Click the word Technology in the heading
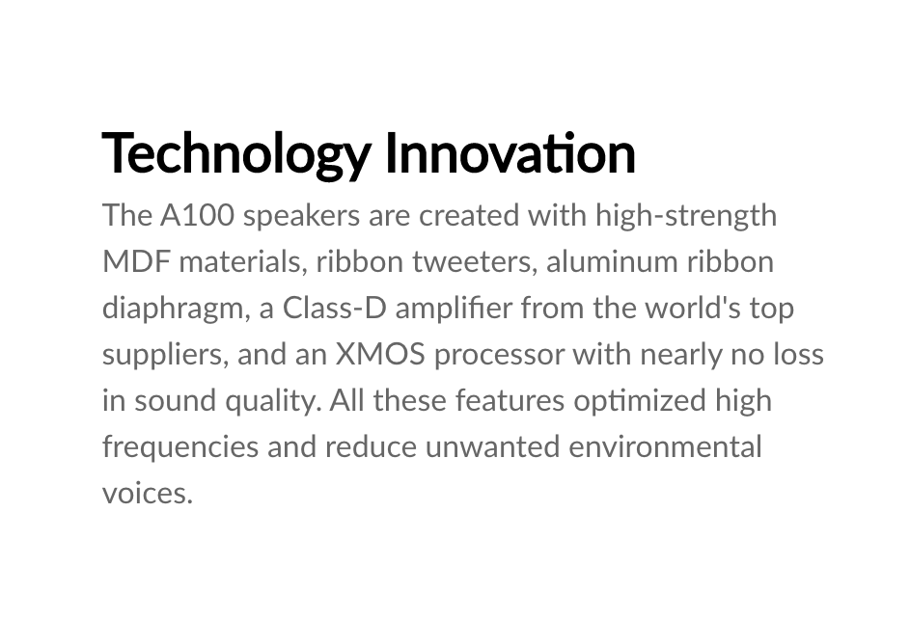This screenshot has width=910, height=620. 236,154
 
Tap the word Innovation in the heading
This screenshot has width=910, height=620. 510,152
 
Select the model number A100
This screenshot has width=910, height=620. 197,216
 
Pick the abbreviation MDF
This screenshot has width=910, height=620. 136,262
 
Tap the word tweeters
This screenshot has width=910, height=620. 472,262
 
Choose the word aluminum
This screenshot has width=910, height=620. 612,262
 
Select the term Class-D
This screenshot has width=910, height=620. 334,309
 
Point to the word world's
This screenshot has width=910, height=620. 693,309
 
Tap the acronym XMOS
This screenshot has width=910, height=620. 380,355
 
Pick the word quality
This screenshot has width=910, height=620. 273,402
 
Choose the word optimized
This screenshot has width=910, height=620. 640,402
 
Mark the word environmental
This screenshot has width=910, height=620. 665,447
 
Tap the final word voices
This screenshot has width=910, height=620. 148,494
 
